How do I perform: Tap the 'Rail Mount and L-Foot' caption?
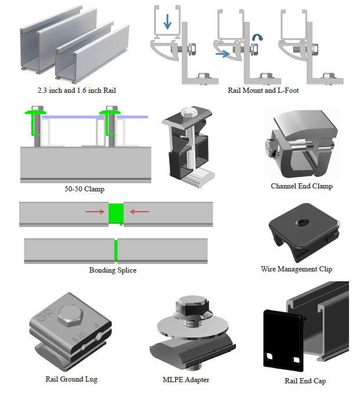coord(264,90)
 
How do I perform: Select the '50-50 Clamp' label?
coord(85,189)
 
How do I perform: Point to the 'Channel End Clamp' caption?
coord(301,186)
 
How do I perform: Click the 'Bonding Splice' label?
coord(112,270)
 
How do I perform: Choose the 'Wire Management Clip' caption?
coord(296,269)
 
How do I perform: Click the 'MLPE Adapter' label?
coord(186,380)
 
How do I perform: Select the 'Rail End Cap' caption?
coord(305,381)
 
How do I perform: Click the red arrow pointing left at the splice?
coord(139,212)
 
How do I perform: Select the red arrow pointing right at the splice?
coord(94,212)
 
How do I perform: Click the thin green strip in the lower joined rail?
coord(115,250)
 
